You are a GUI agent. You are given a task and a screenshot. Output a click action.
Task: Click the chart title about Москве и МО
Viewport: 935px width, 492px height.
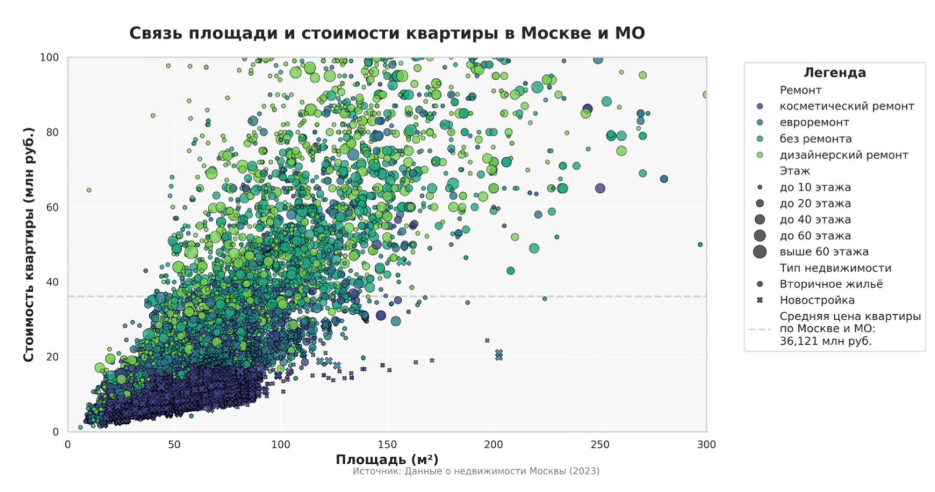coord(387,33)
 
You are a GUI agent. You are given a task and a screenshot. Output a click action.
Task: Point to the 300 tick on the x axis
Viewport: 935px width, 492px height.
coord(707,445)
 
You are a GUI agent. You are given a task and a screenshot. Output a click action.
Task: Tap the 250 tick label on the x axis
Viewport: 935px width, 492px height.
coord(600,445)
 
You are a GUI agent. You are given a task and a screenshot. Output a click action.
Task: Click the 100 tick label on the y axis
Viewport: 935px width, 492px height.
coord(49,57)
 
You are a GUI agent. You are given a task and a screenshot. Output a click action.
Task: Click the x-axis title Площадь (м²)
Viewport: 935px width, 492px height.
coord(387,459)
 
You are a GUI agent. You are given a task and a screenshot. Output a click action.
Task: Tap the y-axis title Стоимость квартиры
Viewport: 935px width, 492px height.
coord(28,244)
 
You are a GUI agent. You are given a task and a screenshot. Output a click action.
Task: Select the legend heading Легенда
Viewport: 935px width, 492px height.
coord(834,73)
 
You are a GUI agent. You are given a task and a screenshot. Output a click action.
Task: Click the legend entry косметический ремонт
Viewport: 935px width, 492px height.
coord(846,107)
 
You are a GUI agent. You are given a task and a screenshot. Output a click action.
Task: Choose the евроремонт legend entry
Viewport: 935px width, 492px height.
coord(814,123)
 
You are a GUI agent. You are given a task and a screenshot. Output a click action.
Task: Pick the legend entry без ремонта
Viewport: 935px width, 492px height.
coord(815,139)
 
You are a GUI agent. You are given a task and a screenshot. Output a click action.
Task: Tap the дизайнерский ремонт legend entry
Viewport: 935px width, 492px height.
coord(843,155)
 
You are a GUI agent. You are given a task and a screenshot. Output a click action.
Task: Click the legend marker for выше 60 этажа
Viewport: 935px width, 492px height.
coord(760,252)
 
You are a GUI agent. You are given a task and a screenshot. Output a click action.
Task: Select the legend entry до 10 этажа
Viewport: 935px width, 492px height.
coord(815,187)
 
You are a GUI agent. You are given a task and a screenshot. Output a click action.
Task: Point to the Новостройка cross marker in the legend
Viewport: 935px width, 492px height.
coord(760,300)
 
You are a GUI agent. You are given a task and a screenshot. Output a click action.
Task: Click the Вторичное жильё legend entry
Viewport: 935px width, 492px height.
coord(831,284)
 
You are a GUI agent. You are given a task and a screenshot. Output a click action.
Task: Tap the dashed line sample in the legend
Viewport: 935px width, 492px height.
coord(760,329)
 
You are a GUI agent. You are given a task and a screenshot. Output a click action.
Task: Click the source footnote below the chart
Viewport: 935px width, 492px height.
coord(475,471)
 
